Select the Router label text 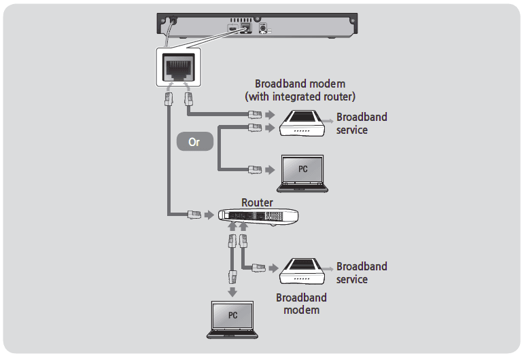tap(257, 202)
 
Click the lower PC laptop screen tap(232, 316)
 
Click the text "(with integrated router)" tap(300, 96)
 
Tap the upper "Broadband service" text tap(362, 123)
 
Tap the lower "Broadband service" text tap(362, 272)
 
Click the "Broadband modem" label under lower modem tap(301, 304)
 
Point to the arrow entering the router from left tap(209, 215)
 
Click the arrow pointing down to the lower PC tap(232, 292)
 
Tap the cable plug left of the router tap(193, 215)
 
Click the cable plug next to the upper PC tap(254, 168)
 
